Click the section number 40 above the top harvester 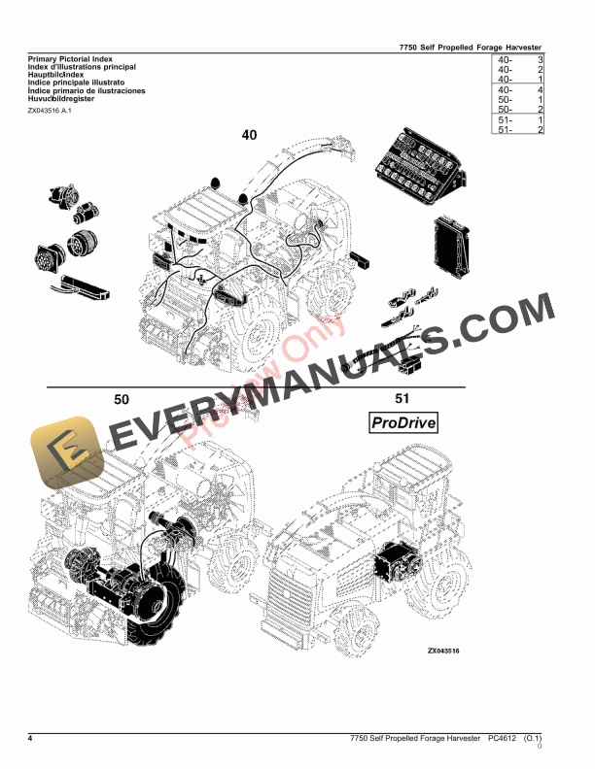point(250,135)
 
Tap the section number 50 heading point(122,399)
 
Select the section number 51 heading point(402,399)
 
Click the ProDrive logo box point(402,422)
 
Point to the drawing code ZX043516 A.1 point(50,111)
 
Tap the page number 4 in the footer point(30,740)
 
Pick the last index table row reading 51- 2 point(519,129)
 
